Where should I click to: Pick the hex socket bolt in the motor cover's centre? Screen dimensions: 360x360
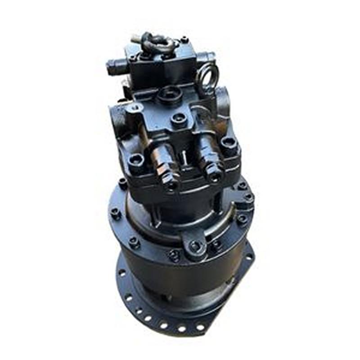point(178,119)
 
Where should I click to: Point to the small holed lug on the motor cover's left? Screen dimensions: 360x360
point(134,108)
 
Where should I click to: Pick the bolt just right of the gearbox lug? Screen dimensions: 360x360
point(216,243)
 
